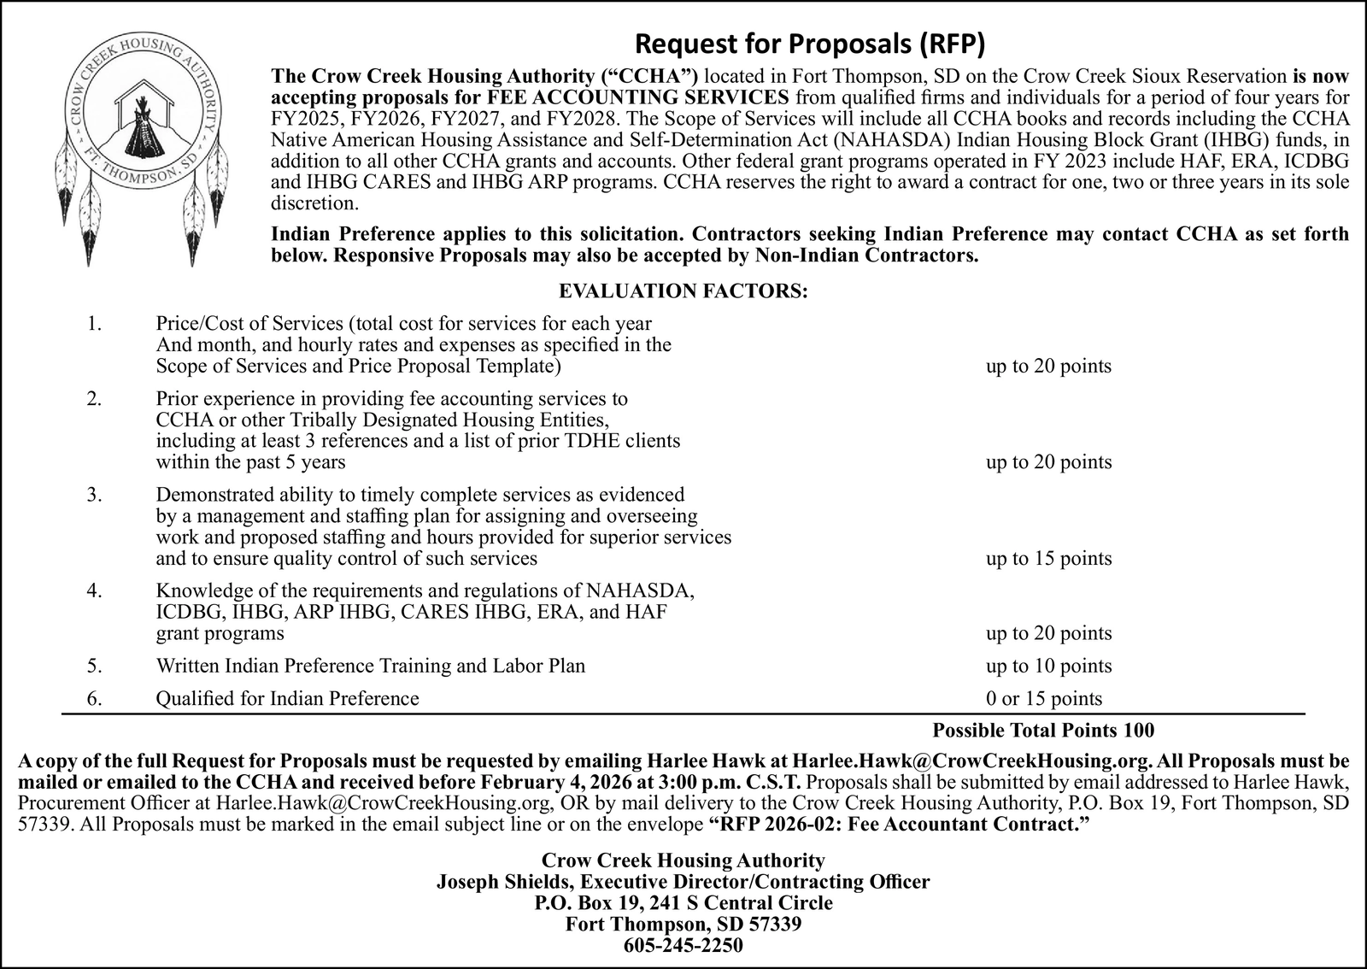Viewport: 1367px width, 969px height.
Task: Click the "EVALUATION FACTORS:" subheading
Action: point(683,291)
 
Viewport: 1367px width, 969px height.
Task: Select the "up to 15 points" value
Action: point(1048,559)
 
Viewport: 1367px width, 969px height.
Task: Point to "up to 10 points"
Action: point(1048,666)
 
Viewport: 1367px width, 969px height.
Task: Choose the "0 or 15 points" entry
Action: point(1043,699)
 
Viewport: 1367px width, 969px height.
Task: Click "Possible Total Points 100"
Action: point(1042,731)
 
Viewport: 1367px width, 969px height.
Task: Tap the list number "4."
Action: point(95,590)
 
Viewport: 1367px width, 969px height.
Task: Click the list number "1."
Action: point(95,324)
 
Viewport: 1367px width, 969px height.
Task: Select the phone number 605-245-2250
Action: point(683,946)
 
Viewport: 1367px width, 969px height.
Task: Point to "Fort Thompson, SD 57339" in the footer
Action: point(683,925)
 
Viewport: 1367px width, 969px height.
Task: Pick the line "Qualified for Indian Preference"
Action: point(287,699)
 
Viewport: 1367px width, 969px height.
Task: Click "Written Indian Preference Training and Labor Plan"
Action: point(370,666)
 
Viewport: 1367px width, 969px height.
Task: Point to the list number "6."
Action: point(95,699)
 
